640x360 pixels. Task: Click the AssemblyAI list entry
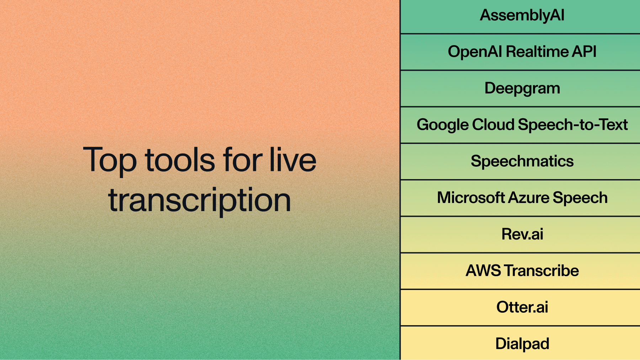tap(522, 15)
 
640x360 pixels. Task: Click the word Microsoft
tap(471, 198)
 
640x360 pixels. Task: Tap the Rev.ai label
tap(522, 234)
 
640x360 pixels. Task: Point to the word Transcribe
tap(542, 271)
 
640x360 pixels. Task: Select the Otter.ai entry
tap(522, 307)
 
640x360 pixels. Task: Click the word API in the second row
tap(584, 52)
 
